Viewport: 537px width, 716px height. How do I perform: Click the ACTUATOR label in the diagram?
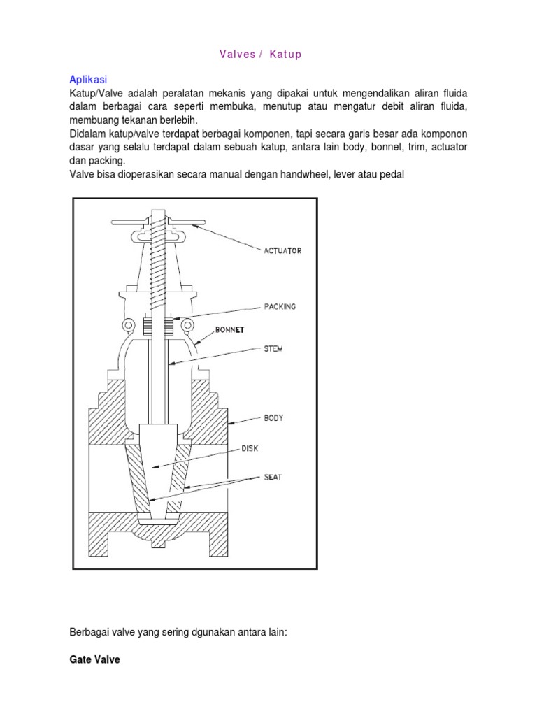[283, 250]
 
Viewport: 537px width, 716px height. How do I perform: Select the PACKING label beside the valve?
[280, 306]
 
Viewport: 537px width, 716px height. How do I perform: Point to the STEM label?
[273, 349]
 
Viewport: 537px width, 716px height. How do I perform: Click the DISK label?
[249, 448]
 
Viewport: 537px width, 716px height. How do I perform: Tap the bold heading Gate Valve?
[94, 659]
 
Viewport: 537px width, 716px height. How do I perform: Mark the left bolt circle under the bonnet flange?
[128, 325]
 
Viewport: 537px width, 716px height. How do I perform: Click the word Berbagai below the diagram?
[89, 631]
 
